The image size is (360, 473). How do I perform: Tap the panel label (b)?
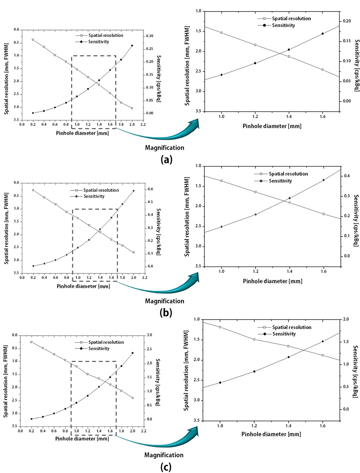coord(166,312)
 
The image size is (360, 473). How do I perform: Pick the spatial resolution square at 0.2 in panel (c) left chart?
coord(32,342)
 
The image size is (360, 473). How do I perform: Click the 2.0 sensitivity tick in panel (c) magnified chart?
coord(345,320)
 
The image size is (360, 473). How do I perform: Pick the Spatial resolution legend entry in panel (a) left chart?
coord(99,35)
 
